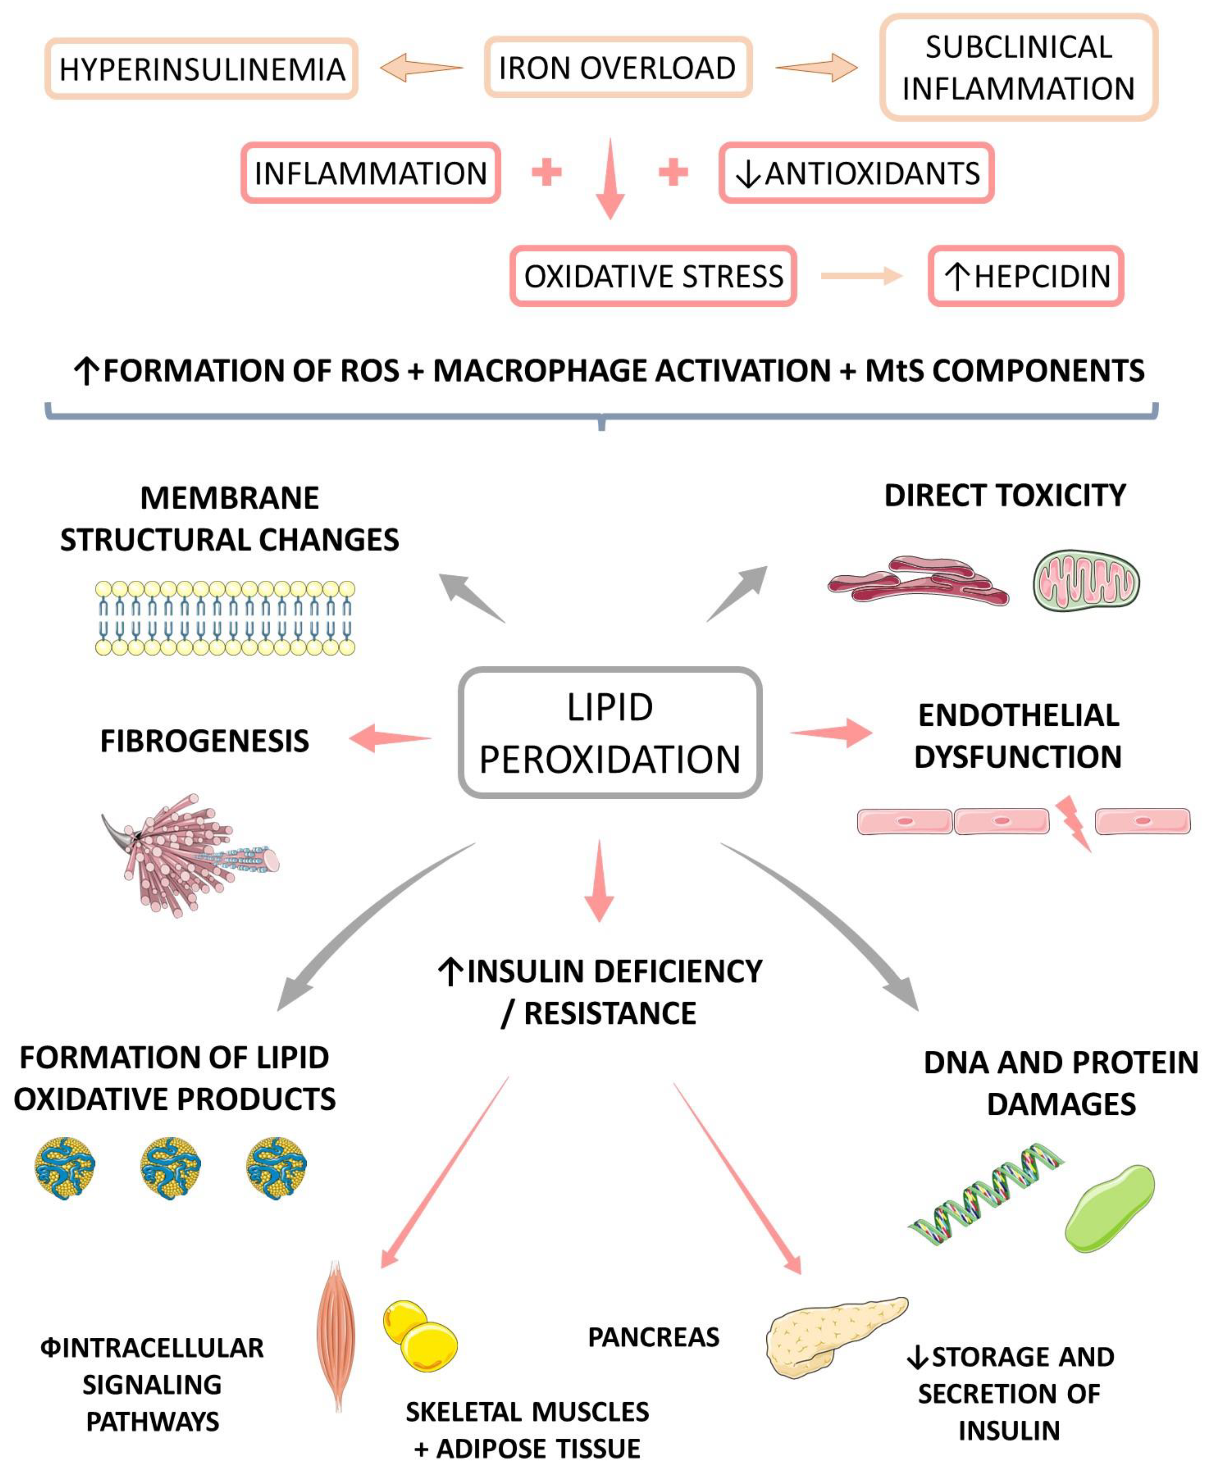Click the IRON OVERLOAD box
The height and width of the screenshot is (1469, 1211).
pyautogui.click(x=618, y=68)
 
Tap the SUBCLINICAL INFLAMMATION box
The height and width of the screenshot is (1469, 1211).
pyautogui.click(x=1018, y=68)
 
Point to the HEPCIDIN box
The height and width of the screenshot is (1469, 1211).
pyautogui.click(x=1025, y=276)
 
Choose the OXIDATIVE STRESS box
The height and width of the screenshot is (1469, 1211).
pyautogui.click(x=653, y=276)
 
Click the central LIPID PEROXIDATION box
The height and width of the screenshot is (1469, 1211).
pyautogui.click(x=610, y=732)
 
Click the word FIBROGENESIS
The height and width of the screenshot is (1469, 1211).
pyautogui.click(x=204, y=741)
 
